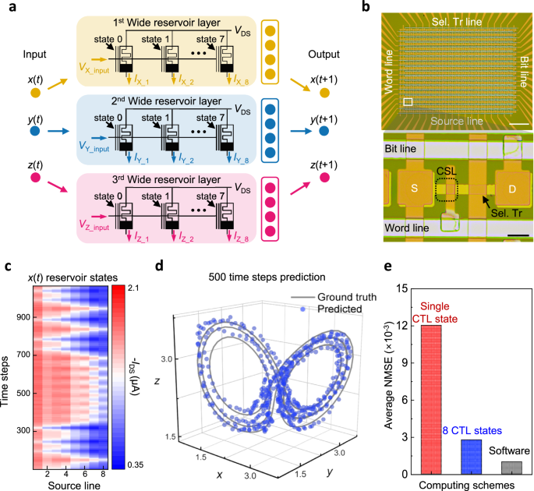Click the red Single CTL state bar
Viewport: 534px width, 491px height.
pyautogui.click(x=431, y=399)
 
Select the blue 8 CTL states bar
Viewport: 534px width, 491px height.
pyautogui.click(x=472, y=457)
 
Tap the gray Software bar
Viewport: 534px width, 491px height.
pyautogui.click(x=511, y=468)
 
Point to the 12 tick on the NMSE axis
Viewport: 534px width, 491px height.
pyautogui.click(x=402, y=326)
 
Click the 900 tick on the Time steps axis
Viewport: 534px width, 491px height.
pyautogui.click(x=23, y=317)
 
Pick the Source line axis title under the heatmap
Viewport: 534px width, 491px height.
pyautogui.click(x=74, y=486)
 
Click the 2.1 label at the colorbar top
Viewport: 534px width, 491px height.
pyautogui.click(x=133, y=288)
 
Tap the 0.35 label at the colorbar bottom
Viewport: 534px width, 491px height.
pyautogui.click(x=135, y=465)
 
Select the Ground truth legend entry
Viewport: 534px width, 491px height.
pyautogui.click(x=334, y=297)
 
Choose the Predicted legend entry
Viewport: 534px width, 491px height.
pyautogui.click(x=331, y=309)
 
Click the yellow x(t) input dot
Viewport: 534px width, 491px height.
pyautogui.click(x=35, y=93)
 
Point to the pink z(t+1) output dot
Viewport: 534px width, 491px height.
pyautogui.click(x=324, y=178)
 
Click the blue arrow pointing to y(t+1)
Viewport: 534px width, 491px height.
pyautogui.click(x=301, y=131)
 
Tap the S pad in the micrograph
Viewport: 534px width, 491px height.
pyautogui.click(x=414, y=189)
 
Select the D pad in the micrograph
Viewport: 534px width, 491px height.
pyautogui.click(x=512, y=189)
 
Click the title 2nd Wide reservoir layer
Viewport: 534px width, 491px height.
pyautogui.click(x=166, y=101)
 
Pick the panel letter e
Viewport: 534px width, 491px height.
pyautogui.click(x=388, y=266)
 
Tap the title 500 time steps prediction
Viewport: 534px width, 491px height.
pyautogui.click(x=267, y=277)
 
